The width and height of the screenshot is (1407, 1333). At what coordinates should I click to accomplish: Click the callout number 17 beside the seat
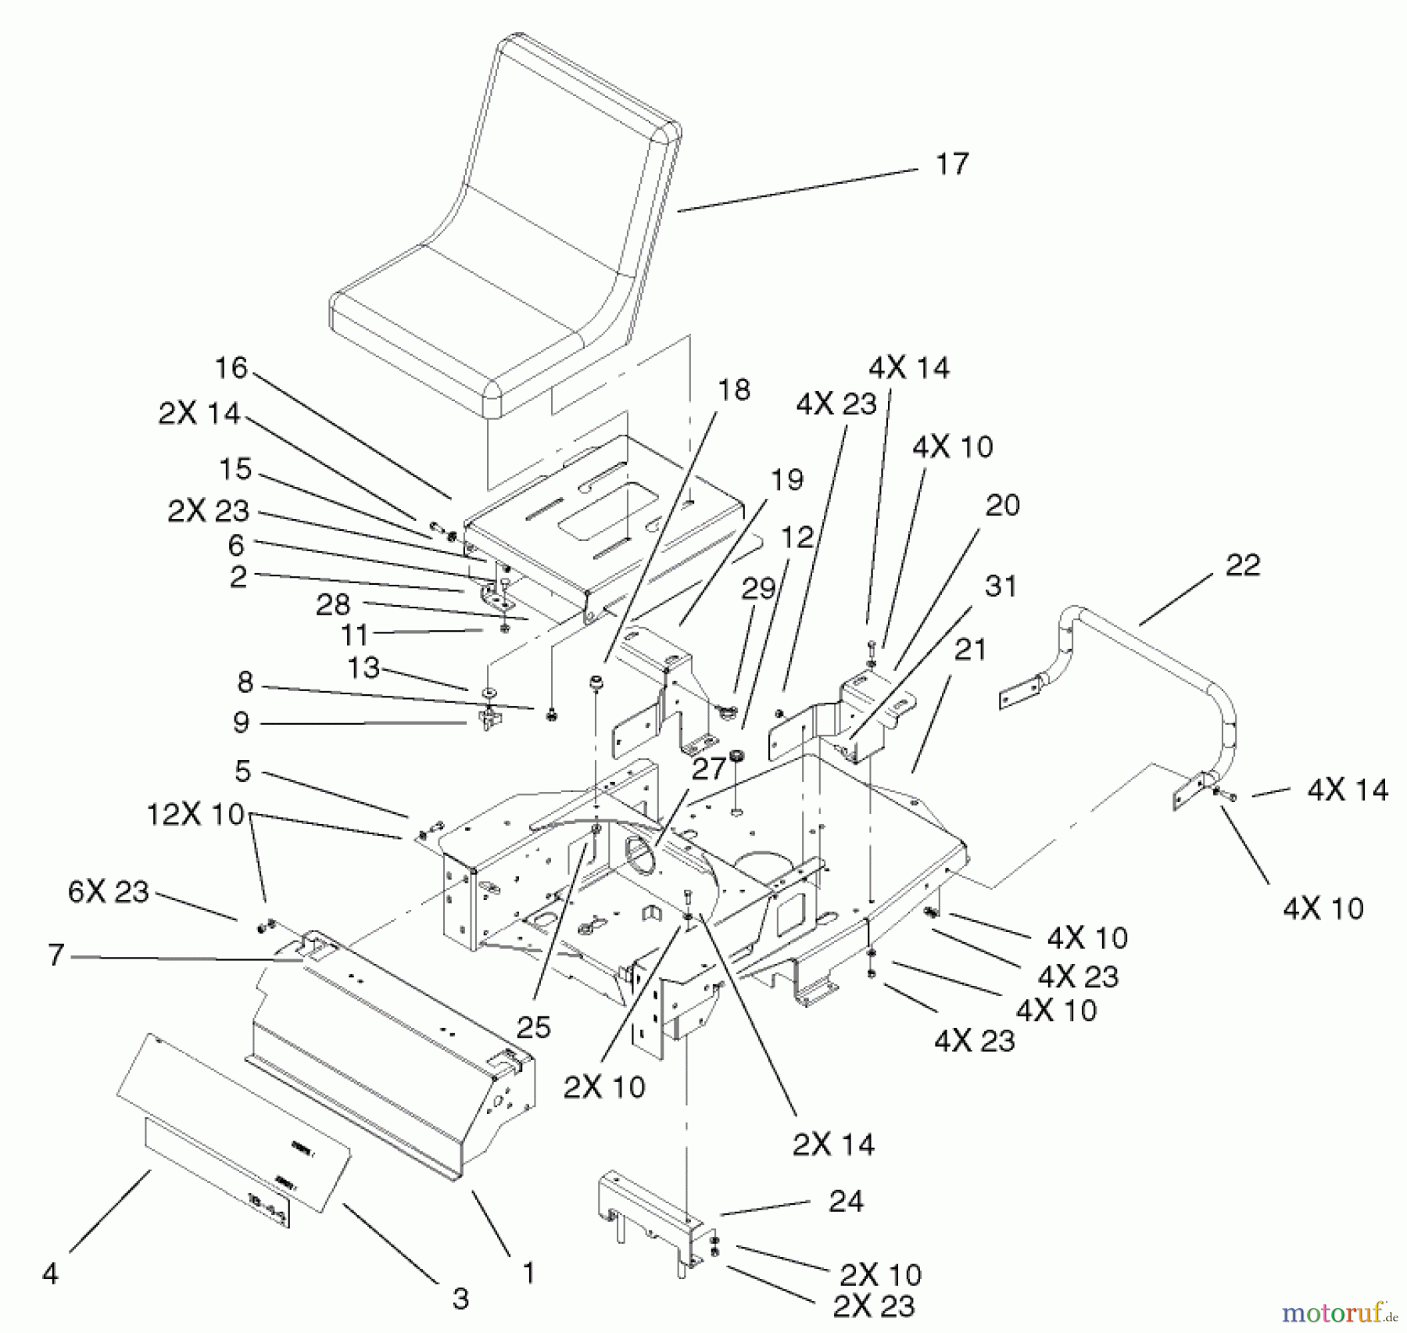(951, 164)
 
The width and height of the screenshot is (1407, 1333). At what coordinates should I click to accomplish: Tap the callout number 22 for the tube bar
(1242, 565)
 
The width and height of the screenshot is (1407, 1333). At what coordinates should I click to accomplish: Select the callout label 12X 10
(195, 815)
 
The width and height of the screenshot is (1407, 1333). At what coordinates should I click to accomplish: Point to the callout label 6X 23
(108, 891)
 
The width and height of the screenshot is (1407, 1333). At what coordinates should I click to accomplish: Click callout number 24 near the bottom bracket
(846, 1200)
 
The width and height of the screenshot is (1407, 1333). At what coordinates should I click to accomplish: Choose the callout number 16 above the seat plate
(231, 368)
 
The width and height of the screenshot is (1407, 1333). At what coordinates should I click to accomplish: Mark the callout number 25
(533, 1027)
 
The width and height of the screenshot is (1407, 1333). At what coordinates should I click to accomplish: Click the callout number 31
(1001, 586)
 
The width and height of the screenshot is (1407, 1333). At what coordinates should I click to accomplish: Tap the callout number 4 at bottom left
(50, 1274)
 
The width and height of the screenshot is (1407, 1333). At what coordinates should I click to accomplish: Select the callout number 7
(55, 955)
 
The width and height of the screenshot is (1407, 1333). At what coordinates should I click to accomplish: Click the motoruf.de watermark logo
(1334, 1310)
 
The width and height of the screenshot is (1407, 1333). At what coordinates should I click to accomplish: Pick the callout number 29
(757, 589)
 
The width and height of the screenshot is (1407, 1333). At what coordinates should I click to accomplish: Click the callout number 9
(241, 722)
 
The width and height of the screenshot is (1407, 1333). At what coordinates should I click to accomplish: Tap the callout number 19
(786, 479)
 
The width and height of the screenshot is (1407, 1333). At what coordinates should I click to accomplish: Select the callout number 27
(708, 769)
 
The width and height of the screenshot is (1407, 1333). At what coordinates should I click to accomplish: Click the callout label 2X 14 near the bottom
(833, 1145)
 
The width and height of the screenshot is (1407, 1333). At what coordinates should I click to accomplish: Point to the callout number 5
(242, 771)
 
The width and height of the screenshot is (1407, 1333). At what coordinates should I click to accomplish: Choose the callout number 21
(970, 650)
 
